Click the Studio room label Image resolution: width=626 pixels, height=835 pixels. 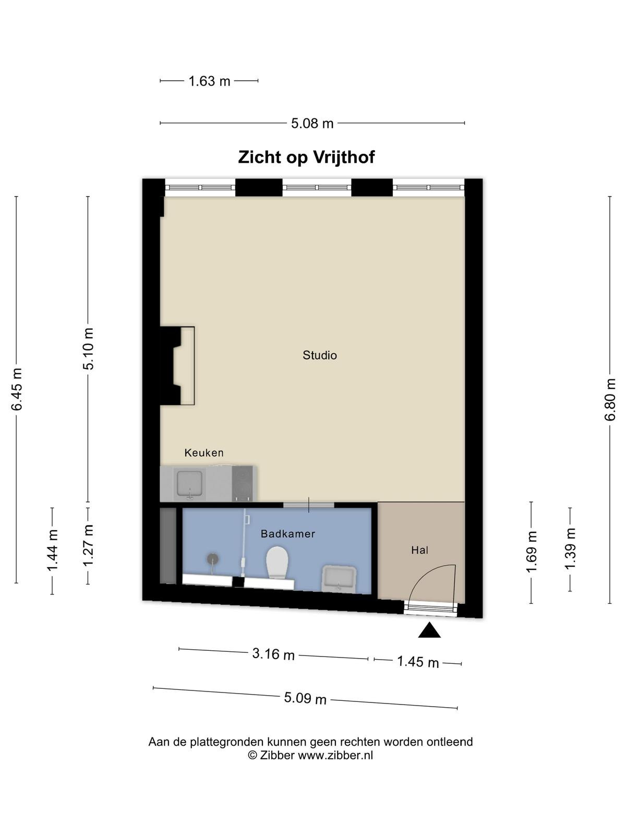(x=320, y=355)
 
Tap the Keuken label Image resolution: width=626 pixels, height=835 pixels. (x=204, y=452)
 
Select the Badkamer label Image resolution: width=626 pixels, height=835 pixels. (x=288, y=534)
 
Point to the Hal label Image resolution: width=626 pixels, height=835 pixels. (x=419, y=550)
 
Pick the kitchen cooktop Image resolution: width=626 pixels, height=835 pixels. (x=242, y=483)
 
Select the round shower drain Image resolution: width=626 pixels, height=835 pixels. (x=213, y=559)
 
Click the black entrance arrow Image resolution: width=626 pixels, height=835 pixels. (x=429, y=630)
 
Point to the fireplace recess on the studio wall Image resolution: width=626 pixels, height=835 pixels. (x=177, y=366)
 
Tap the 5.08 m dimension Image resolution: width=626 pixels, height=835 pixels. (x=312, y=123)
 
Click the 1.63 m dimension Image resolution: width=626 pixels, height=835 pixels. (x=209, y=81)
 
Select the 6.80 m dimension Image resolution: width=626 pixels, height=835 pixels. (x=610, y=400)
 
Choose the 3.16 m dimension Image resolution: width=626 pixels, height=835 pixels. (x=273, y=654)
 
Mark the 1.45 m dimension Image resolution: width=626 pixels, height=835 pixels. (x=418, y=662)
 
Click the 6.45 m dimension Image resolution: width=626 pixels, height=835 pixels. (x=16, y=389)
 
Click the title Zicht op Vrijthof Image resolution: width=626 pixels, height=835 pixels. (x=306, y=157)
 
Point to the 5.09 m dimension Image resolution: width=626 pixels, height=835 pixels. (x=305, y=698)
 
